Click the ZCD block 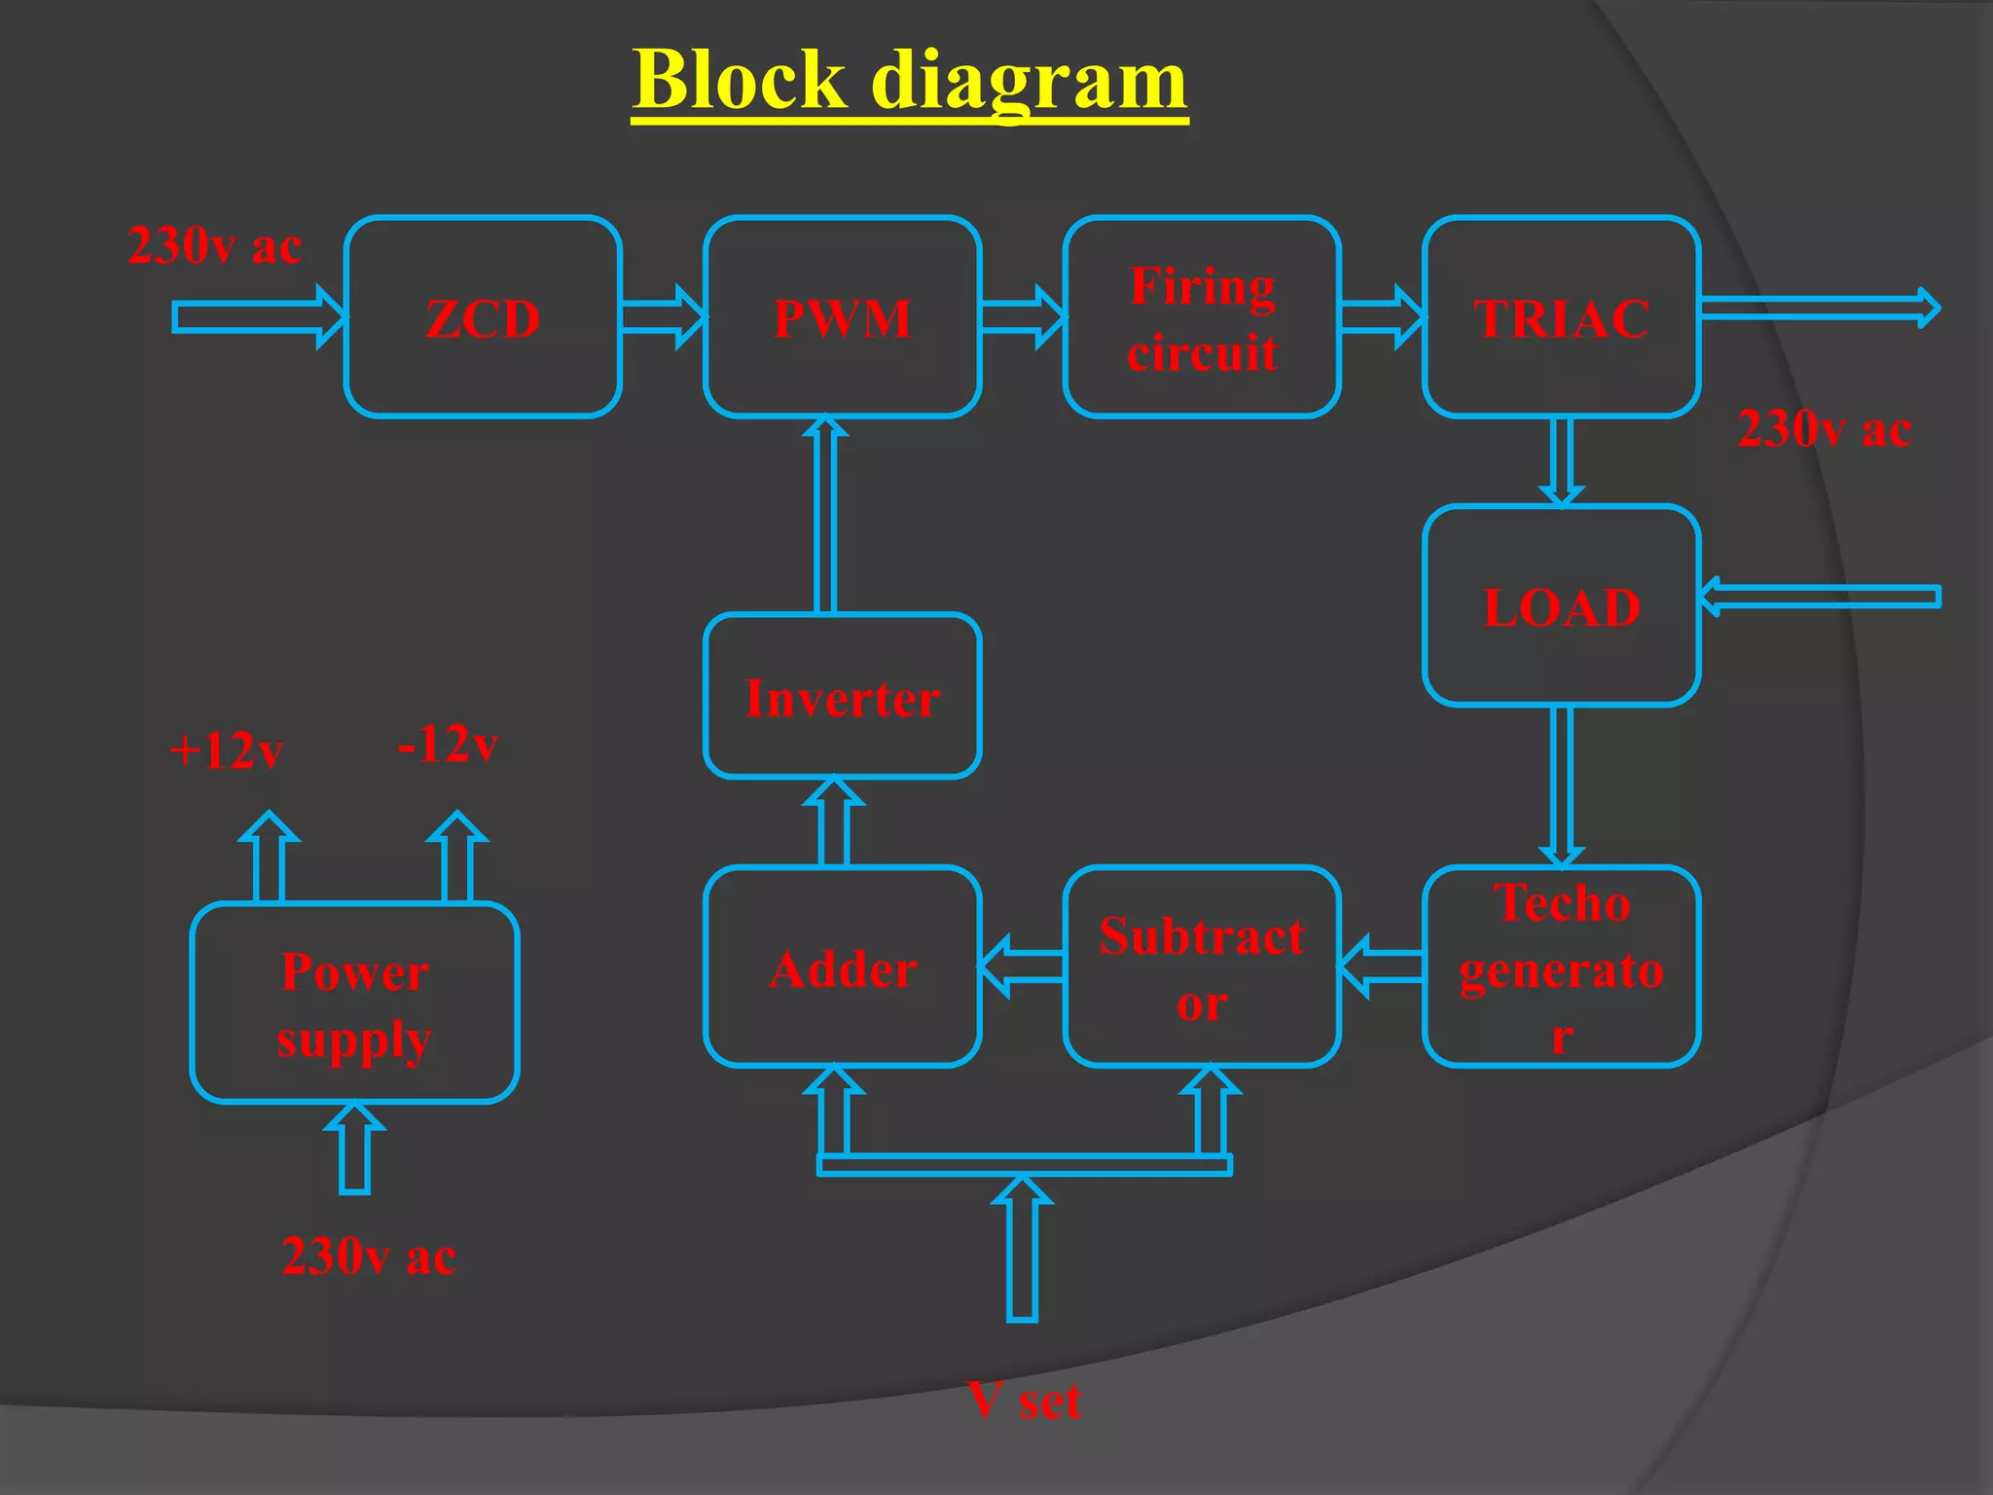pos(483,317)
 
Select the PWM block pos(842,317)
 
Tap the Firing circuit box pos(1202,317)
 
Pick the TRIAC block pos(1561,317)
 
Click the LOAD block pos(1561,605)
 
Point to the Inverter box pos(842,696)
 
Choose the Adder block pos(842,966)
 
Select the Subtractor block pos(1202,966)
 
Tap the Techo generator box pos(1561,966)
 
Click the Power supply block pos(354,1003)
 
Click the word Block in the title pos(740,80)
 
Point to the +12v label pos(226,750)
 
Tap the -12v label pos(448,744)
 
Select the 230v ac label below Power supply pos(368,1256)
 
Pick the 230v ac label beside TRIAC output pos(1824,428)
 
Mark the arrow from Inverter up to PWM pos(824,516)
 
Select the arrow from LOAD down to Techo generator pos(1561,784)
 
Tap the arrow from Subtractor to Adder pos(1022,966)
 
